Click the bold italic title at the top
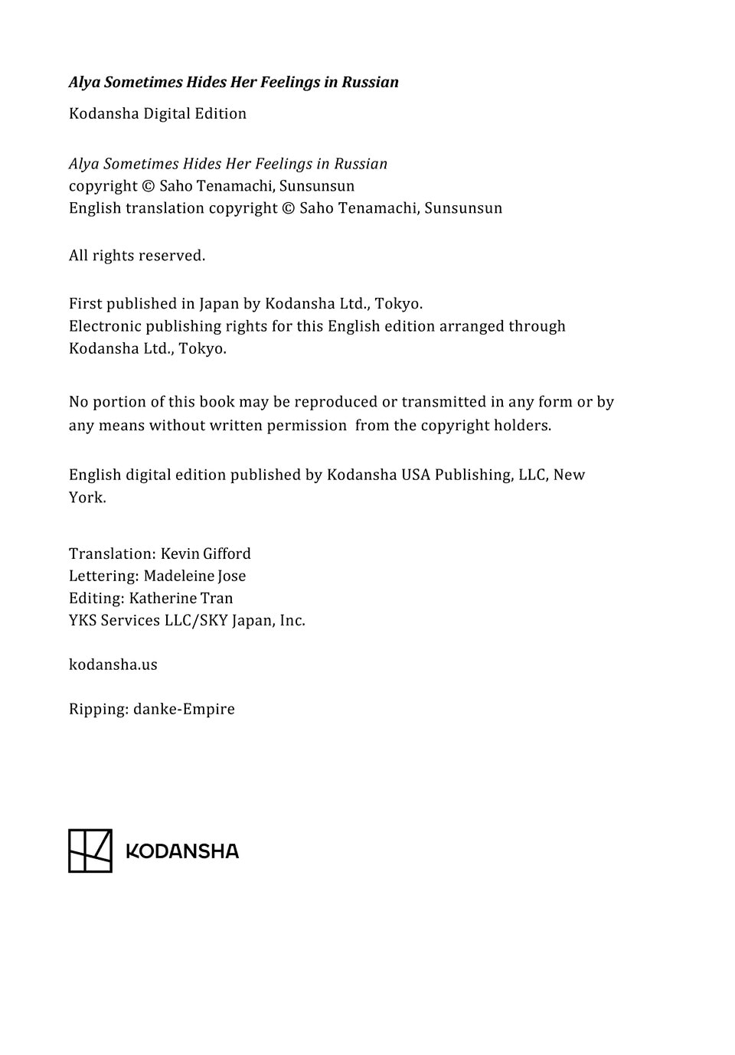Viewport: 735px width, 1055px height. click(234, 82)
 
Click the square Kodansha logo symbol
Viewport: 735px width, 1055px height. click(90, 851)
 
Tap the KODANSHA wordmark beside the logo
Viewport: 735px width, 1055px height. click(182, 851)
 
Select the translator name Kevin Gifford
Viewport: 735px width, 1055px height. click(205, 554)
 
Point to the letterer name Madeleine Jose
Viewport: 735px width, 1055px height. click(194, 576)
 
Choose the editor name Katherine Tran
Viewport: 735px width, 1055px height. click(181, 598)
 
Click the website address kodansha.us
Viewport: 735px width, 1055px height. click(113, 665)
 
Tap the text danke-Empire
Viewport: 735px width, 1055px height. click(184, 709)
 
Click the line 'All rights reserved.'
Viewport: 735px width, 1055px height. click(137, 256)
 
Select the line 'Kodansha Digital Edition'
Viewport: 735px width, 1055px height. click(158, 113)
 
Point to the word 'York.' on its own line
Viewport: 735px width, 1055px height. click(87, 498)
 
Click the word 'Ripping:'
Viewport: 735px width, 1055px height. click(99, 709)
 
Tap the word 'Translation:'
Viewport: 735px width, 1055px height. click(112, 554)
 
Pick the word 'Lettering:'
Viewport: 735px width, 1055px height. click(103, 576)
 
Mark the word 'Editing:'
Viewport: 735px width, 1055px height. click(96, 598)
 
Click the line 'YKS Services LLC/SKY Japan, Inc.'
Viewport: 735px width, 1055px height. click(187, 620)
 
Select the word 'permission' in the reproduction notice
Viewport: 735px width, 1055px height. click(306, 426)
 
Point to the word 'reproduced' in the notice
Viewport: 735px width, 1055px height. click(335, 402)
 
